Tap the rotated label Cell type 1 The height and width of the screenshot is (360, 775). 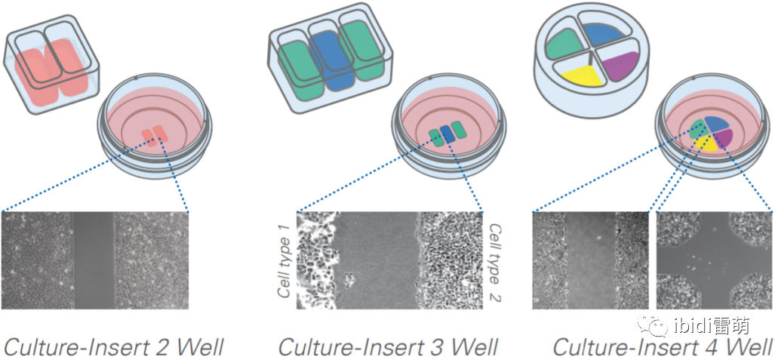[x=285, y=260]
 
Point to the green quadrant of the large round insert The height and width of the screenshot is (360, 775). [x=567, y=44]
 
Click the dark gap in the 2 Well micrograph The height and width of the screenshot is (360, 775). [x=93, y=260]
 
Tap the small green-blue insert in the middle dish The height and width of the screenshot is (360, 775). [x=447, y=134]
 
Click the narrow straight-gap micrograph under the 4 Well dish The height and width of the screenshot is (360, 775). [x=591, y=260]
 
